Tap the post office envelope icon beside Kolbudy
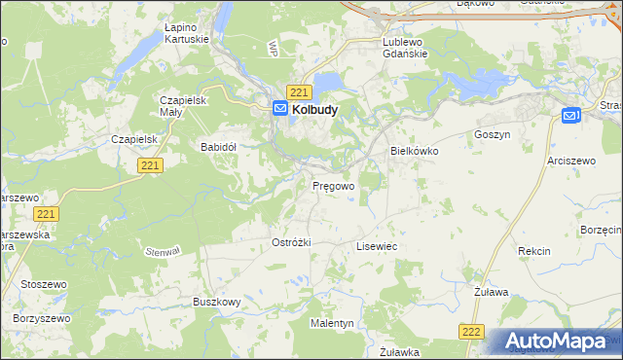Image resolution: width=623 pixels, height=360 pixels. [x=280, y=110]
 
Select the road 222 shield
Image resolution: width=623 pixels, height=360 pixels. [x=472, y=332]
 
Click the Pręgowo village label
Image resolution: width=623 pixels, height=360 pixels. [x=332, y=185]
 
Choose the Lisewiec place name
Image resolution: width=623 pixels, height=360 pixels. [x=377, y=247]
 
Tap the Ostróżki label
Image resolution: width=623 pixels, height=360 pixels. [x=291, y=242]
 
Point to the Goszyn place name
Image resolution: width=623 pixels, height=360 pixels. [x=492, y=134]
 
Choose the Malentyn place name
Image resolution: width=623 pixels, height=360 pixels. [x=332, y=322]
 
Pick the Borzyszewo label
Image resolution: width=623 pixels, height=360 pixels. [x=42, y=318]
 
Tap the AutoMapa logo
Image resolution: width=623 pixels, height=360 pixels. [x=559, y=342]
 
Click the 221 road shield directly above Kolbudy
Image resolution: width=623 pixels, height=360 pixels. [x=300, y=91]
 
